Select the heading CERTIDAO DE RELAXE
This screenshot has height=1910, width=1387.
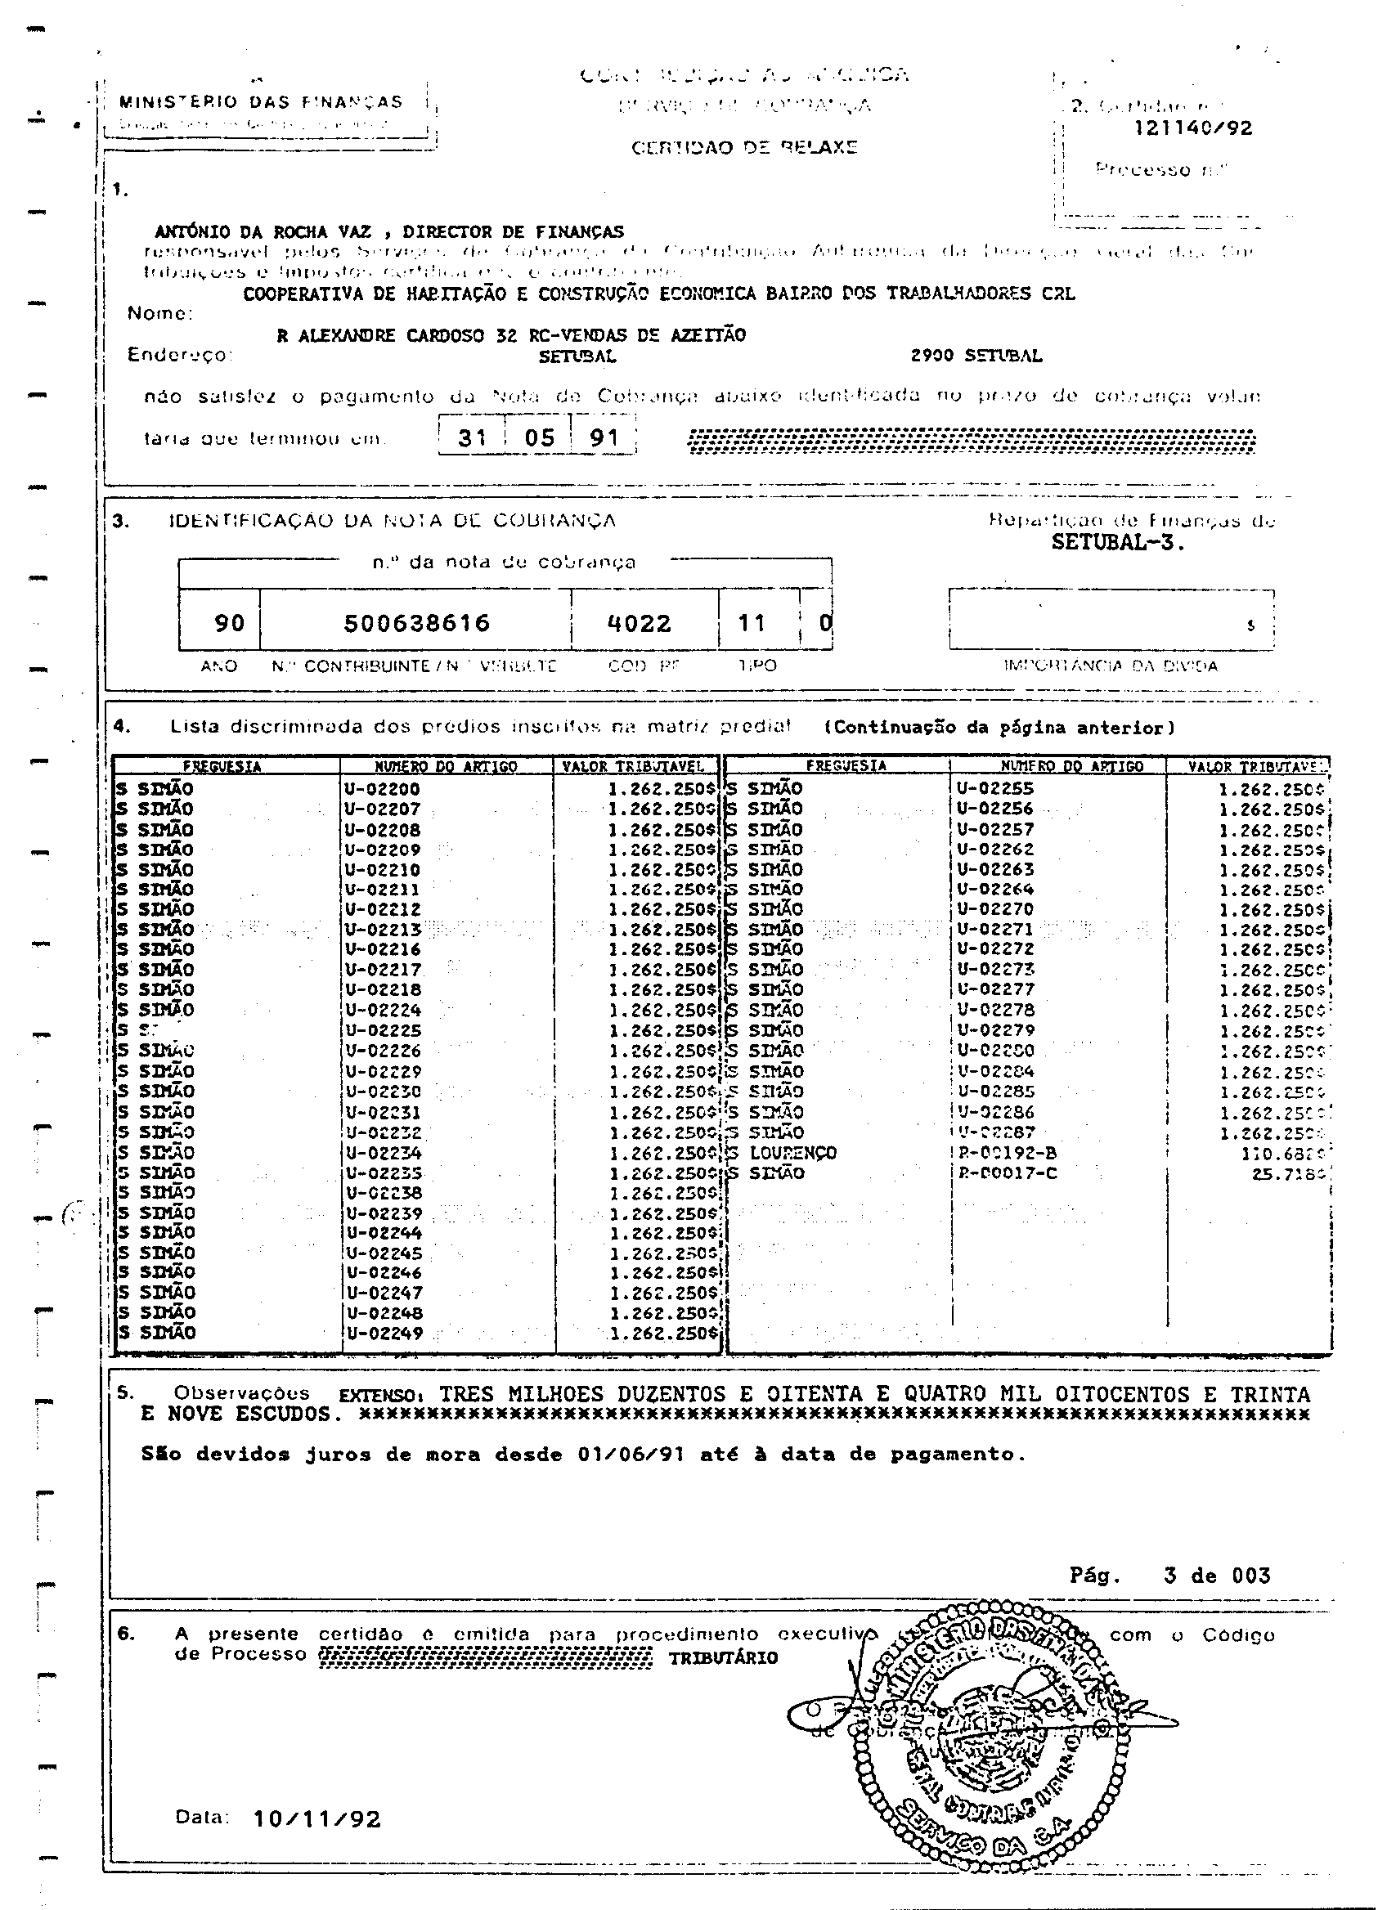[x=744, y=148]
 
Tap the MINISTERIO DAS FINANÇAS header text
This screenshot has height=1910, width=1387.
[x=261, y=103]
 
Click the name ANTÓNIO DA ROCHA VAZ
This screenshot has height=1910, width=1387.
[x=263, y=232]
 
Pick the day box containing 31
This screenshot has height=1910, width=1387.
[x=472, y=438]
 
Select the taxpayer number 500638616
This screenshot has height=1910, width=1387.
[x=417, y=624]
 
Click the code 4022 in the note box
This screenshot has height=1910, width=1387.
[x=640, y=624]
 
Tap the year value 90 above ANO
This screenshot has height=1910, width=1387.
[x=229, y=624]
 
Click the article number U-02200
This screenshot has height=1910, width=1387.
[x=383, y=790]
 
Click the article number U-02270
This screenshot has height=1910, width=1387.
[x=995, y=909]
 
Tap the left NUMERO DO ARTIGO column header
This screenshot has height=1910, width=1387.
[x=446, y=767]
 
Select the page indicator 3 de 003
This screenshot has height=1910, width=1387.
[x=1217, y=1576]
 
